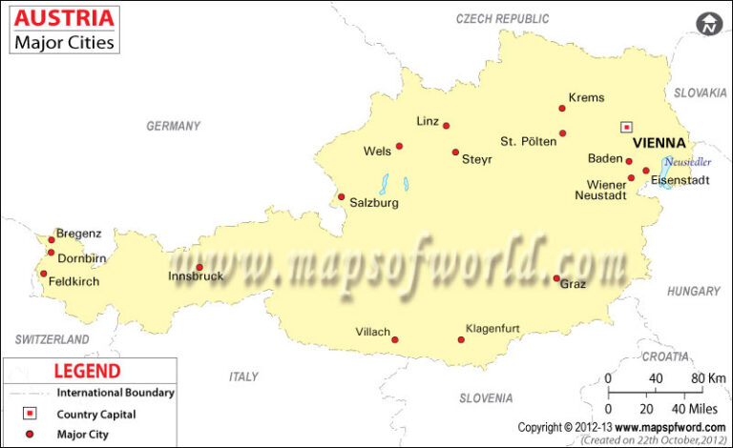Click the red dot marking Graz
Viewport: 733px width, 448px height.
[x=556, y=278]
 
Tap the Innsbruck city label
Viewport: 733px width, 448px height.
[x=196, y=276]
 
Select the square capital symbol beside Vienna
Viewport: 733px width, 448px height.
[x=627, y=126]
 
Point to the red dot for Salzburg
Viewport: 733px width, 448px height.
[x=341, y=197]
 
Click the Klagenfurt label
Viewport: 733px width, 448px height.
[x=492, y=329]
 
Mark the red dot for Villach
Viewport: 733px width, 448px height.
[x=395, y=339]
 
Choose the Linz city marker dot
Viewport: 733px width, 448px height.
[x=446, y=125]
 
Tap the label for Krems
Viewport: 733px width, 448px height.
[x=586, y=97]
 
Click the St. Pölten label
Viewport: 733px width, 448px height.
[x=528, y=142]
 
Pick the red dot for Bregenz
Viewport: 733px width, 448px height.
[x=52, y=240]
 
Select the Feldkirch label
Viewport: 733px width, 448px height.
[x=73, y=281]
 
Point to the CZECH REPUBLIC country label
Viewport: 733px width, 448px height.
[x=502, y=18]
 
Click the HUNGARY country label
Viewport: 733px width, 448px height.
[x=693, y=291]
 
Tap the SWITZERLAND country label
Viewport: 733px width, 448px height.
[x=52, y=339]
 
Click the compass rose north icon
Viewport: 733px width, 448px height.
[x=708, y=23]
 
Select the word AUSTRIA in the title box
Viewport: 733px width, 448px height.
[x=65, y=17]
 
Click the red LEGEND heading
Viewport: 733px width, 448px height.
[x=87, y=371]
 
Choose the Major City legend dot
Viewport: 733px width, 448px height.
[x=30, y=435]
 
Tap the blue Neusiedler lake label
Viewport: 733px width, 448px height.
[x=688, y=161]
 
